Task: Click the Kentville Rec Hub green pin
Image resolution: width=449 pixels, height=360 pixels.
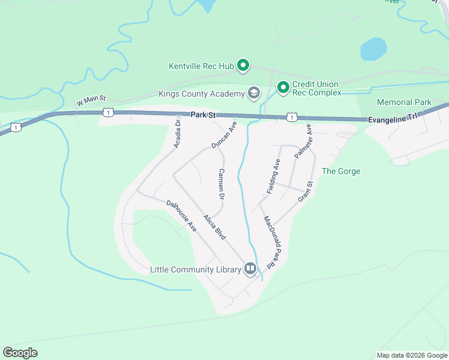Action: (x=243, y=64)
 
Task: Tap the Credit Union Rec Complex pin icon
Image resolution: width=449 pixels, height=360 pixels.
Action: (x=283, y=88)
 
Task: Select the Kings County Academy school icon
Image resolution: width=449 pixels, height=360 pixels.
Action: (x=253, y=93)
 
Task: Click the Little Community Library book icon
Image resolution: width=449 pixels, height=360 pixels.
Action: (x=250, y=268)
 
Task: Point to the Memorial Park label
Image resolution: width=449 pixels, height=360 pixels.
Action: (x=404, y=103)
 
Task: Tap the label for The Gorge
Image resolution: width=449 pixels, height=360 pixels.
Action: (x=341, y=171)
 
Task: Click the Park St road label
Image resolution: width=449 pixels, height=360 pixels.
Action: (x=203, y=114)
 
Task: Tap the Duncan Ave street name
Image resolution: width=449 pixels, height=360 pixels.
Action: (x=224, y=135)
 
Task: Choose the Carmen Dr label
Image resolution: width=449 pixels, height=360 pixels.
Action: (x=221, y=184)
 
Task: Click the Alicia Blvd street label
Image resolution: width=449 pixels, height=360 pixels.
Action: (x=214, y=227)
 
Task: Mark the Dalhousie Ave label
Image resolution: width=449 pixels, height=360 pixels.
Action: (x=182, y=216)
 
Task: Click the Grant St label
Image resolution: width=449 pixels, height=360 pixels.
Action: (x=306, y=191)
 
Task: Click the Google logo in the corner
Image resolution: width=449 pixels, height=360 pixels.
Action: (x=20, y=353)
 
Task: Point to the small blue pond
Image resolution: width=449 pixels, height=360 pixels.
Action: (x=373, y=49)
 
